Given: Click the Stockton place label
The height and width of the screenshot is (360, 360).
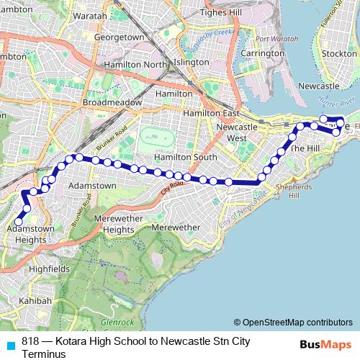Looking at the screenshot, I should (x=340, y=53).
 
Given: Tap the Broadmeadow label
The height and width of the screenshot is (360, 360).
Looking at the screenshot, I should (x=110, y=102).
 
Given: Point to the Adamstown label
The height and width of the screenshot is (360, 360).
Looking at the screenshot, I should (x=91, y=185).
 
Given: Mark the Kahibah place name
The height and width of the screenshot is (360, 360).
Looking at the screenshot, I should (x=35, y=301).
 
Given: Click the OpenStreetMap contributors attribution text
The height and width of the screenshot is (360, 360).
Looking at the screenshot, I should (x=297, y=322).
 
